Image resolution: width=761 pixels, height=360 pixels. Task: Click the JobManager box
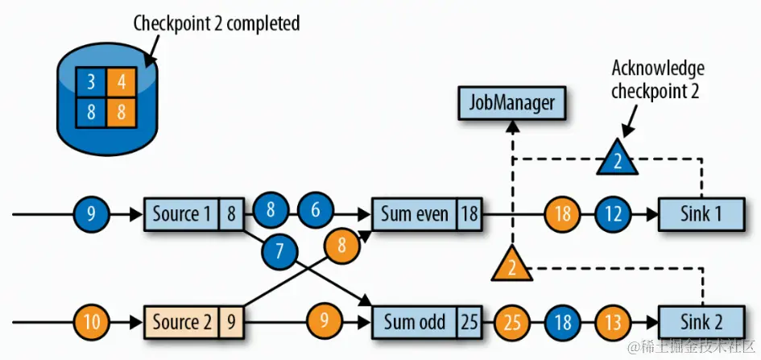coord(512,104)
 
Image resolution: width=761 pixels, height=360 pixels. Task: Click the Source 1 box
coord(182,214)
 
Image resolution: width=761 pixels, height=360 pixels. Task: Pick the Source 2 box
coord(182,323)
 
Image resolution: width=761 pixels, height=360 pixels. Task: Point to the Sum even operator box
coord(415,214)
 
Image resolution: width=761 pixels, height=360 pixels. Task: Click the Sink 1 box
coord(701,214)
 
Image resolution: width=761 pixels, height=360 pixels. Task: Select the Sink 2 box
coord(701,323)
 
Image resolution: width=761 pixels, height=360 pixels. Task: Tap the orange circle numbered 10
coord(93,323)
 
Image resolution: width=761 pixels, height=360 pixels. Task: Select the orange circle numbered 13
coord(614,323)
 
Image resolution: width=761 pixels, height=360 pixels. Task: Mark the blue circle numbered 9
coord(93,214)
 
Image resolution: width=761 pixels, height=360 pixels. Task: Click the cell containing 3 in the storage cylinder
coord(91,81)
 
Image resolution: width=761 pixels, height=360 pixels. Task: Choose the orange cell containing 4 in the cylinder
coord(122,81)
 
